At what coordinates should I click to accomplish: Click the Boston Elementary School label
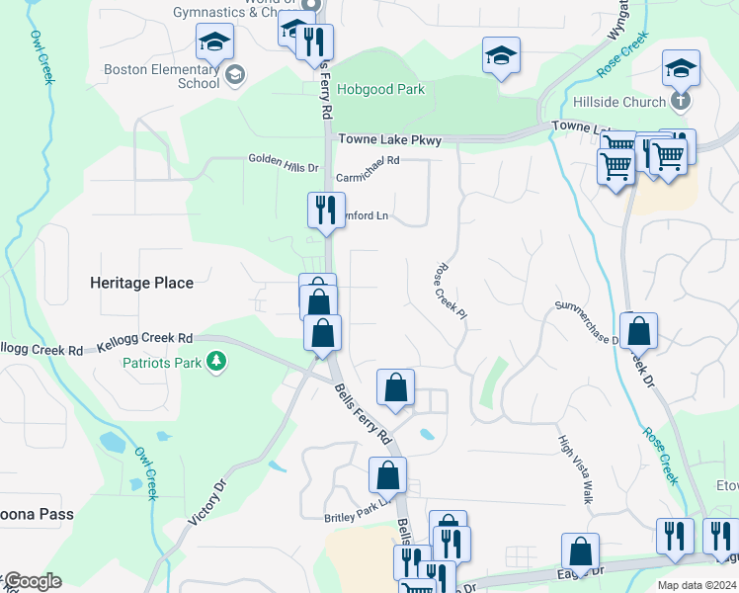(x=162, y=76)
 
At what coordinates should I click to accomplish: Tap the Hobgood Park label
(x=380, y=90)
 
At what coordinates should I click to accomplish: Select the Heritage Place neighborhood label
(x=141, y=283)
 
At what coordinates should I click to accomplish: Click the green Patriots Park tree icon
(x=216, y=363)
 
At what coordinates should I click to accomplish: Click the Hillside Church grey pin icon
(x=680, y=101)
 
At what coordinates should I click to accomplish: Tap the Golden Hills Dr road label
(x=283, y=160)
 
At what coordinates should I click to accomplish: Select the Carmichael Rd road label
(x=369, y=169)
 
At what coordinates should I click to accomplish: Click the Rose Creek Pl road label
(x=450, y=291)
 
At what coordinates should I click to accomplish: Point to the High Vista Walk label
(x=574, y=470)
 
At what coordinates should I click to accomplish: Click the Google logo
(x=32, y=581)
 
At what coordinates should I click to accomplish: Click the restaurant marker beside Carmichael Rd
(x=322, y=211)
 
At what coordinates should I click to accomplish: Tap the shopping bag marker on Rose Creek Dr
(x=639, y=332)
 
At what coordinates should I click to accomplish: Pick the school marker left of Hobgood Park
(x=214, y=43)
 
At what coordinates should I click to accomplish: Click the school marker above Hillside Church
(x=681, y=69)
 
